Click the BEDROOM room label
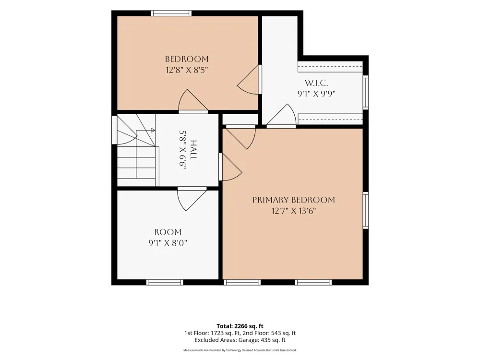187,59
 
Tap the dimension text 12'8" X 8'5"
187,70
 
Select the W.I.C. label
316,83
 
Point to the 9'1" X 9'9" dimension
316,94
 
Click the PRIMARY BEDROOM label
294,200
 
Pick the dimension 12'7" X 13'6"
294,211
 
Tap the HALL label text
193,149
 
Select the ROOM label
168,232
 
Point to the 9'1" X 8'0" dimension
168,243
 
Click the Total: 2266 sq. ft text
240,326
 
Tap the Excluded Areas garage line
240,340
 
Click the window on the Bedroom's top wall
171,13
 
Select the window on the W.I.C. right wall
365,92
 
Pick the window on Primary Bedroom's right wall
365,210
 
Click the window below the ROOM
165,282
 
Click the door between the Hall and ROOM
192,199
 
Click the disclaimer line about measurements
240,350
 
